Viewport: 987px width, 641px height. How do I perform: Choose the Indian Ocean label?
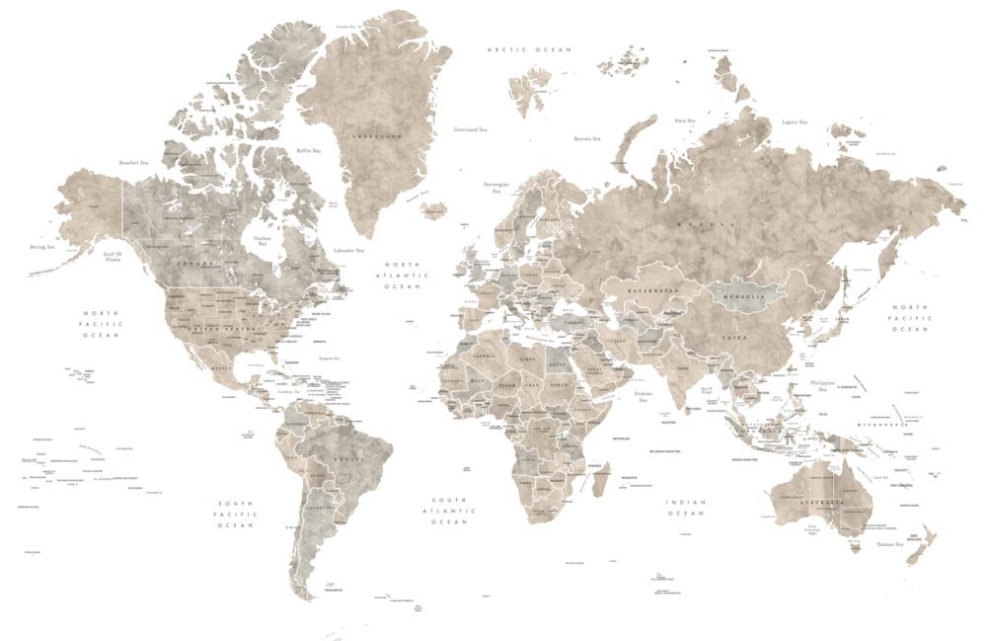[x=686, y=508]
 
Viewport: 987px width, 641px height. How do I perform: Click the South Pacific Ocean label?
[x=237, y=514]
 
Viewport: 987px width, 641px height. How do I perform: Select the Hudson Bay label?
[x=262, y=240]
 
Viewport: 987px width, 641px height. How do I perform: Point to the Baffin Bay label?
[x=309, y=151]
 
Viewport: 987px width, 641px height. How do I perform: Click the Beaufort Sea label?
[x=133, y=163]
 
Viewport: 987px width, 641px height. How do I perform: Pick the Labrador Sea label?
[x=350, y=251]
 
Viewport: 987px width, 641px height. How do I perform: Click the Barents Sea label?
[x=588, y=139]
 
